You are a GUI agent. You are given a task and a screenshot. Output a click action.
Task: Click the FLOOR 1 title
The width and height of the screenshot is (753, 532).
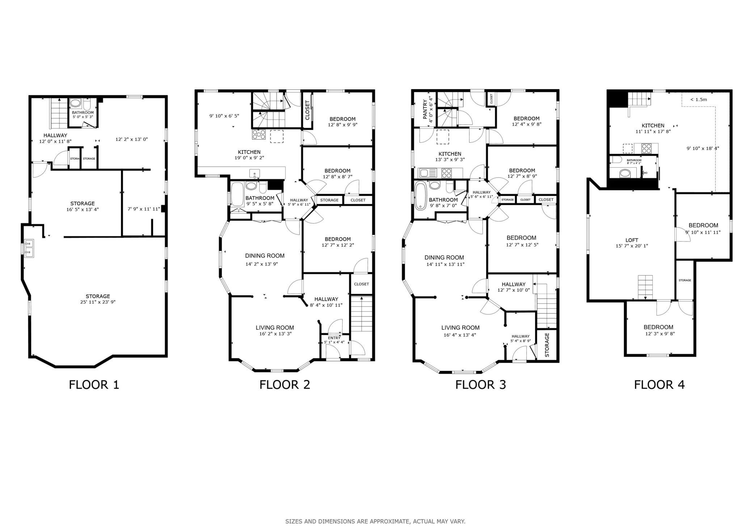pos(94,384)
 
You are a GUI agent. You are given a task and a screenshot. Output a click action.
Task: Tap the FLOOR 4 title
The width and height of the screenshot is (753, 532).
pos(659,384)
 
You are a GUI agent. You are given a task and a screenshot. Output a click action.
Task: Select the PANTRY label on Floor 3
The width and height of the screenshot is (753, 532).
pos(426,110)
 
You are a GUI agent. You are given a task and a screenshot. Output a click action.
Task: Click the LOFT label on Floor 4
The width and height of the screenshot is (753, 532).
pos(632,240)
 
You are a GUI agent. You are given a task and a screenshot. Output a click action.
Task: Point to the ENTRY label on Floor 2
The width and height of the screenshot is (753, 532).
pos(334,338)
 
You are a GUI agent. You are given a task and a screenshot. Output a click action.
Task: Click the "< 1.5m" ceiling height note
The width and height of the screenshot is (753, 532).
pos(698,100)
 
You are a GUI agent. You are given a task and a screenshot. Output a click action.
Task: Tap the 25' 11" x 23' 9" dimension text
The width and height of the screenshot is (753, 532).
pos(98,302)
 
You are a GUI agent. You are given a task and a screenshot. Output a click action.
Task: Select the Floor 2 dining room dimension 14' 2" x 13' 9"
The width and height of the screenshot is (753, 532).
pos(262,264)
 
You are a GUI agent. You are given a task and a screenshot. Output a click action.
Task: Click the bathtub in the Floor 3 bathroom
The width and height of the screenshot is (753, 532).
pos(421,196)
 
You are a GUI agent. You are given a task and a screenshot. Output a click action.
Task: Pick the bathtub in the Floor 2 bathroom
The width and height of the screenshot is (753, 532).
pos(237,194)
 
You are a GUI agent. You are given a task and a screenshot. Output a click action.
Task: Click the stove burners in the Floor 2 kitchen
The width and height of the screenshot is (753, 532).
pos(259,135)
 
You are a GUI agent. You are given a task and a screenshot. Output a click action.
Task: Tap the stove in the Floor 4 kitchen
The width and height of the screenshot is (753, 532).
pos(647,148)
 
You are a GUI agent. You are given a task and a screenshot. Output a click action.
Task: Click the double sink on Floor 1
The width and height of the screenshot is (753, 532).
pos(29,248)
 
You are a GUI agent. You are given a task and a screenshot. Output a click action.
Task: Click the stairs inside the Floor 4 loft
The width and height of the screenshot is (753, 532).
pos(645,287)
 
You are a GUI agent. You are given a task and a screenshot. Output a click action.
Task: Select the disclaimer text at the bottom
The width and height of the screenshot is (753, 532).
pos(375,522)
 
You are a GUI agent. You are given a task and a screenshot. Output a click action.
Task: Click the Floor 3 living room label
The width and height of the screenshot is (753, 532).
pos(460,328)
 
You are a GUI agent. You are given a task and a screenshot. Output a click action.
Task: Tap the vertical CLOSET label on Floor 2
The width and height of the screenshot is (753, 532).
pos(307,110)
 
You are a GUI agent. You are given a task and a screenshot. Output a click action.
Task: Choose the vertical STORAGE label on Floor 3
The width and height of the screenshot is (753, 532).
pos(547,345)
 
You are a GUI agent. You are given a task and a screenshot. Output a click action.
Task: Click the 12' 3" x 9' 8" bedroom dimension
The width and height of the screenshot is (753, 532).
pos(660,334)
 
